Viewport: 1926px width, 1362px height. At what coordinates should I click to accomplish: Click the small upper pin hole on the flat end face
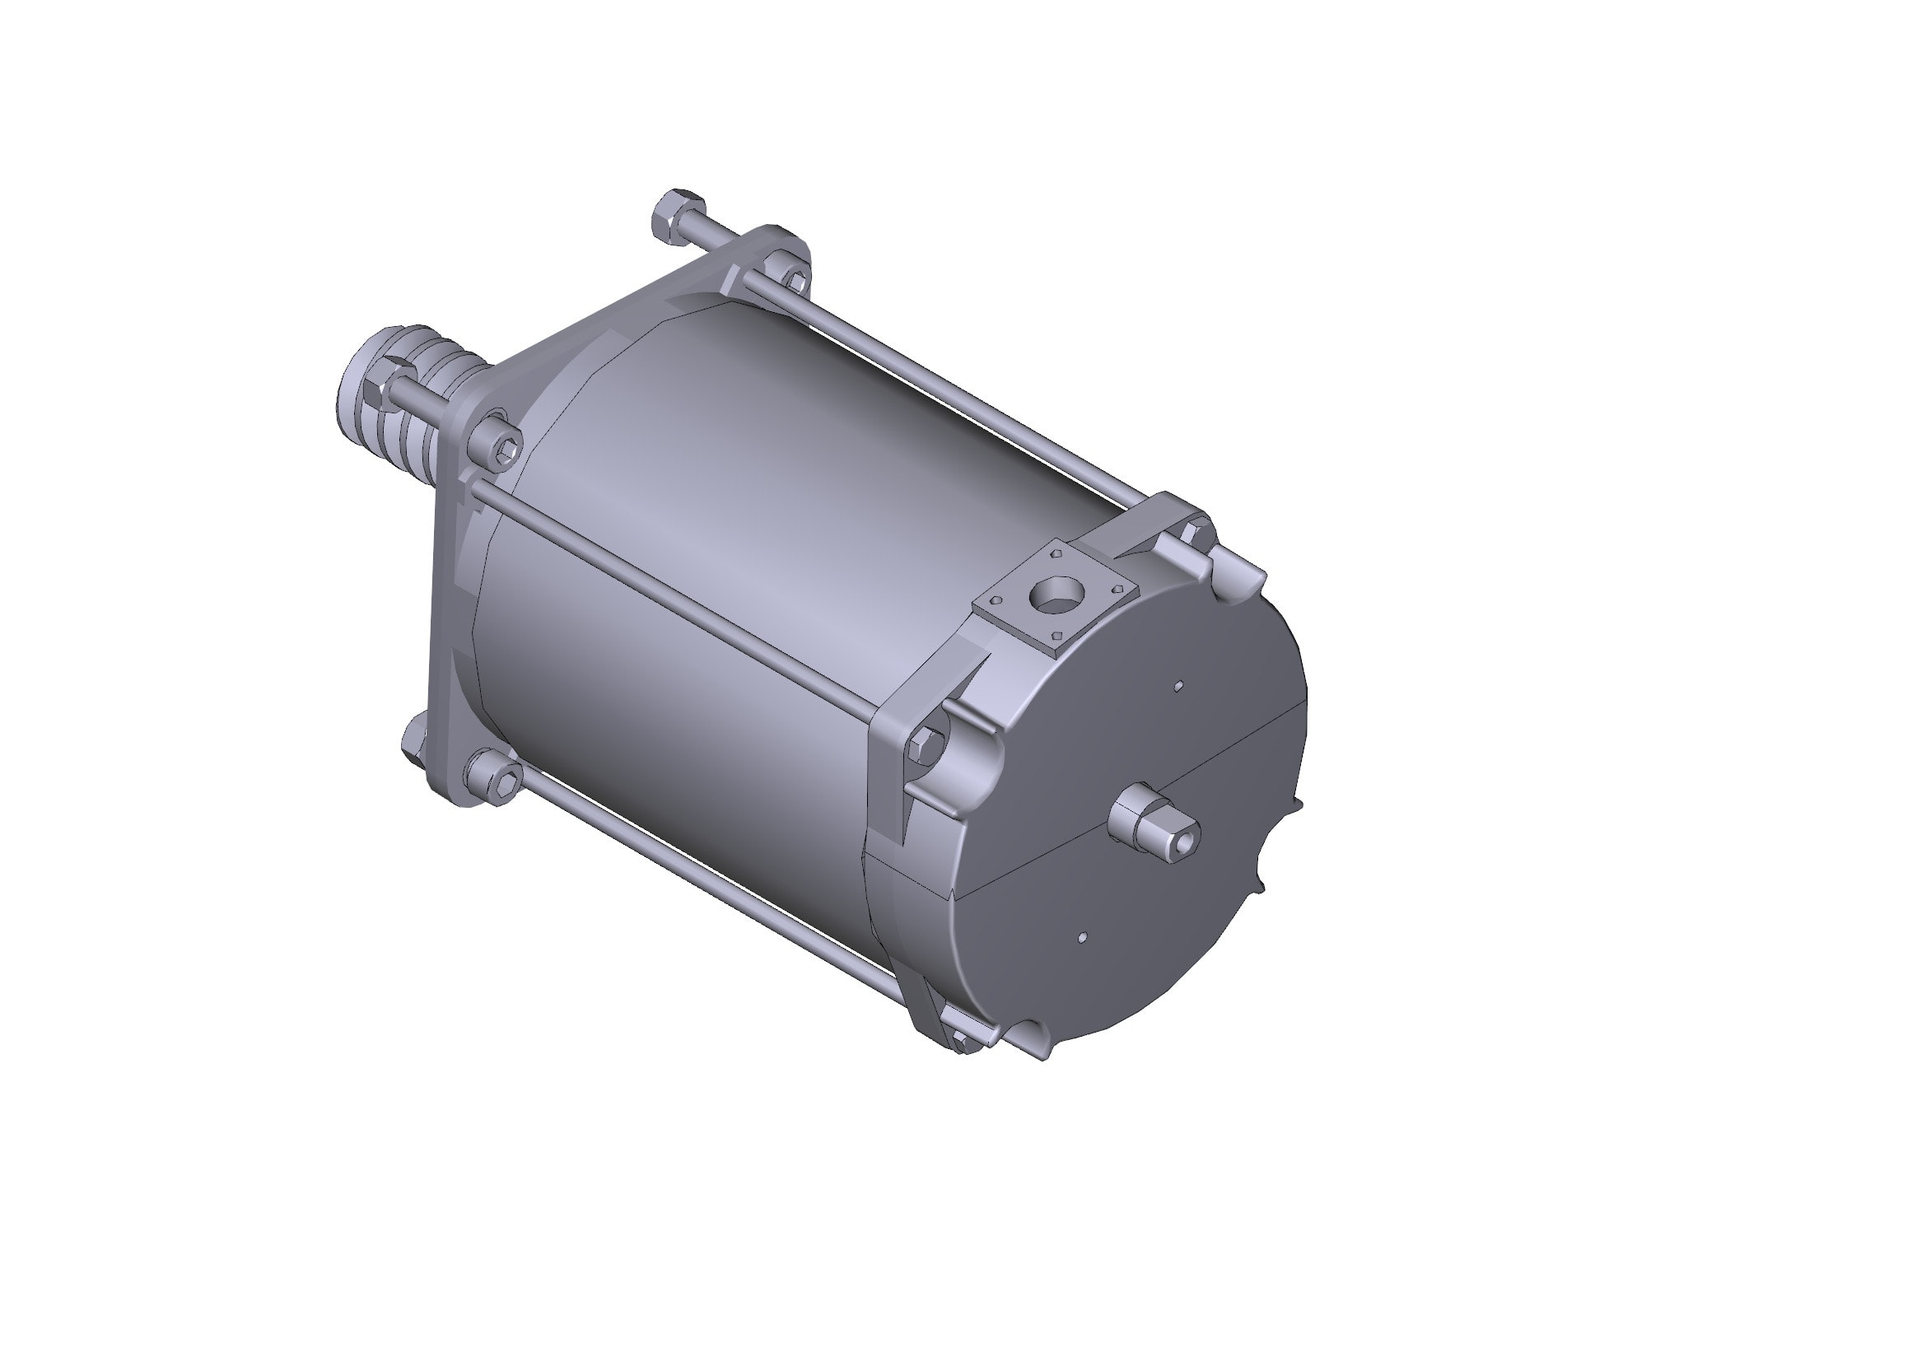coord(1178,686)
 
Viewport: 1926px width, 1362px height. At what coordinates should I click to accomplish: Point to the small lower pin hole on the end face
coord(1082,937)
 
